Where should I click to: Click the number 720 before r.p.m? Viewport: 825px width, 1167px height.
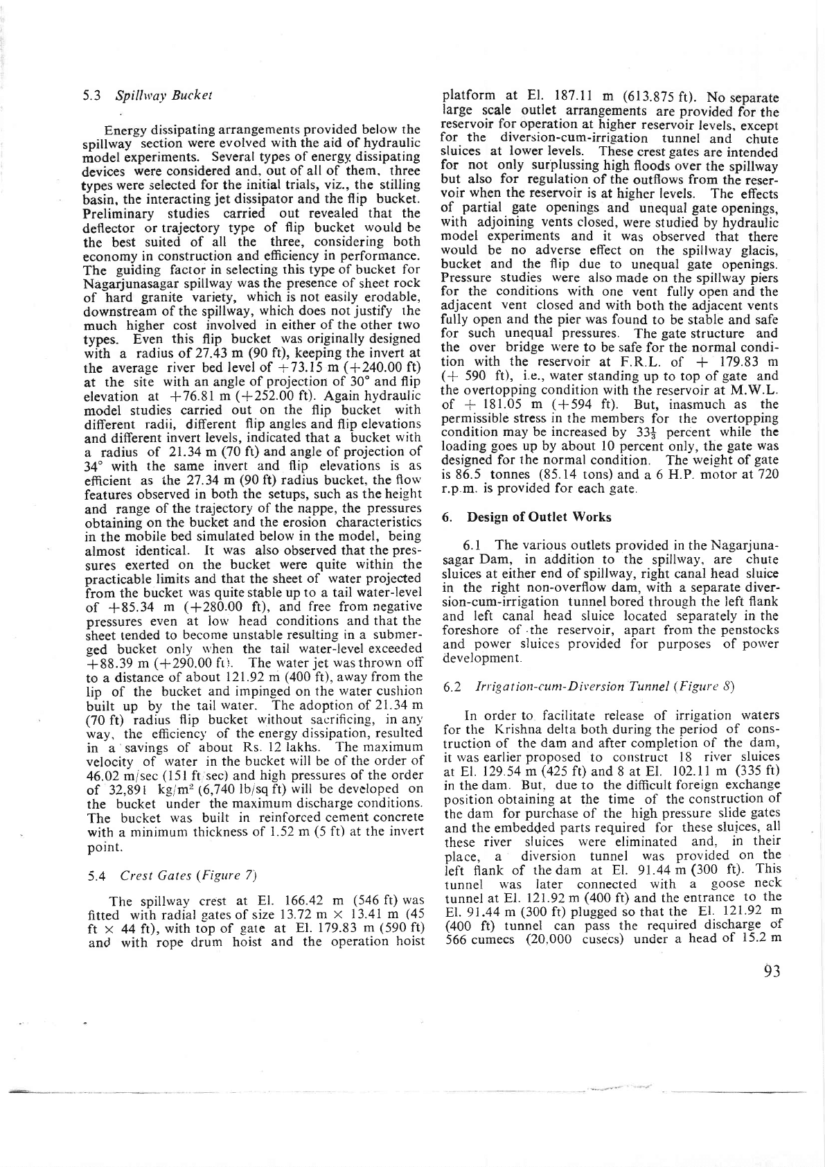[766, 474]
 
